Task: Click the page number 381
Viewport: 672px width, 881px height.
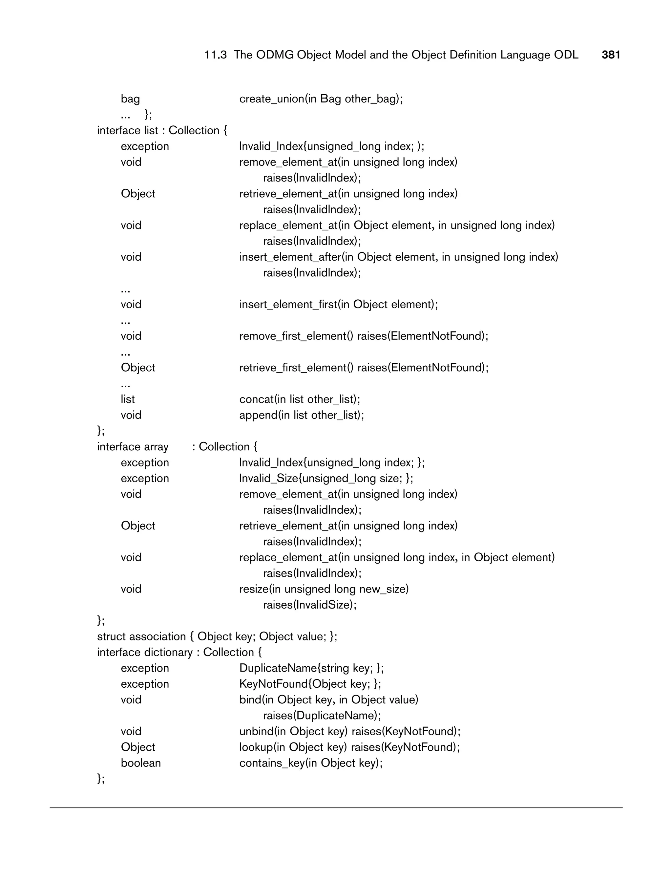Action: [x=611, y=55]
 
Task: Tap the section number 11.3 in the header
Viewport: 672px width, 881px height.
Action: [x=215, y=55]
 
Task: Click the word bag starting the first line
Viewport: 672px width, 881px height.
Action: [x=130, y=99]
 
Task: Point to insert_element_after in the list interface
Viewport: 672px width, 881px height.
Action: [x=290, y=257]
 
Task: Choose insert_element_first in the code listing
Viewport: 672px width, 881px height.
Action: [x=288, y=305]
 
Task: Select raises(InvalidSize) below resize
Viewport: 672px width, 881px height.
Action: [x=310, y=605]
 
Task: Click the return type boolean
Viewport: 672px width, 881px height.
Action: [x=141, y=763]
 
